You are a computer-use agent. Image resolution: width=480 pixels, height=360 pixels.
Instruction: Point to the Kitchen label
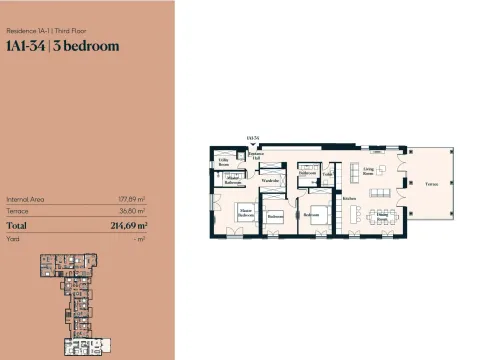pos(349,198)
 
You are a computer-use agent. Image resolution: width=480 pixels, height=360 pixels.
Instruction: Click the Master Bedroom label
pos(245,212)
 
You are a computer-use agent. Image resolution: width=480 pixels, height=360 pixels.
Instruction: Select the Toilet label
pos(327,175)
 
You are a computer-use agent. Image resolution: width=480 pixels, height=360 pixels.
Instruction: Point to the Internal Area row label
pos(23,199)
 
